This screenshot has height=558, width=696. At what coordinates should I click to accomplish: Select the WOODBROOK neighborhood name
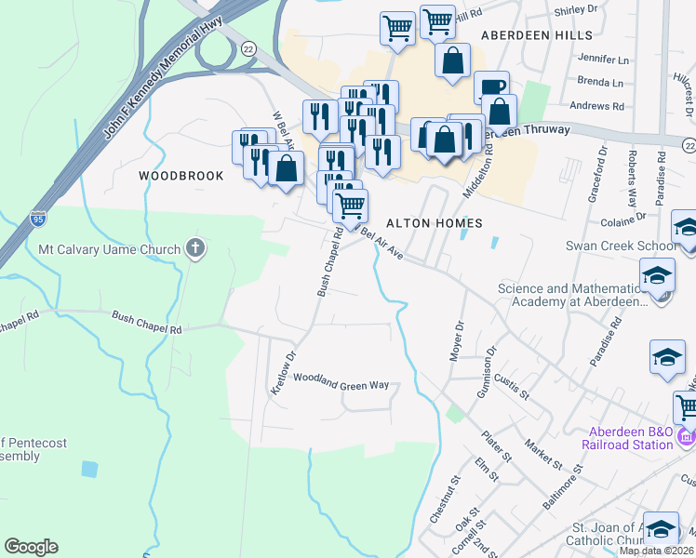pyautogui.click(x=181, y=176)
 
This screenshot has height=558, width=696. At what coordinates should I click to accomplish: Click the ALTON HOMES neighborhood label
pyautogui.click(x=434, y=223)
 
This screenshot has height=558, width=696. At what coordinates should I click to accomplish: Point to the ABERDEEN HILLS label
pyautogui.click(x=536, y=35)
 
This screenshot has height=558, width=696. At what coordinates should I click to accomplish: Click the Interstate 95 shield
pyautogui.click(x=37, y=219)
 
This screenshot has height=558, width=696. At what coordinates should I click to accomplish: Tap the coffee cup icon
pyautogui.click(x=492, y=87)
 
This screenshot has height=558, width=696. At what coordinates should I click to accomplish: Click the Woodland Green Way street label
pyautogui.click(x=341, y=381)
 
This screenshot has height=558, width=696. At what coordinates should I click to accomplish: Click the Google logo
pyautogui.click(x=31, y=547)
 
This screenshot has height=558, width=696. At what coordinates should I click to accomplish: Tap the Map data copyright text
pyautogui.click(x=657, y=551)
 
